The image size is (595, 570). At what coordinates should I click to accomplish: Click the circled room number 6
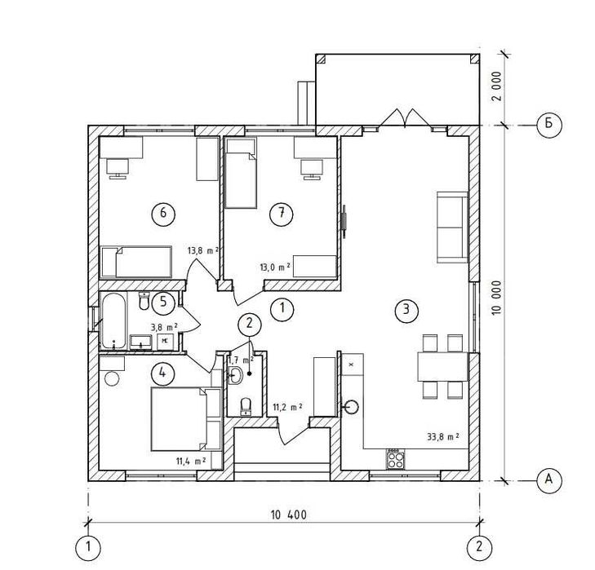click(x=163, y=214)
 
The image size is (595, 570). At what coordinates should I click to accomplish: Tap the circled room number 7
click(x=282, y=214)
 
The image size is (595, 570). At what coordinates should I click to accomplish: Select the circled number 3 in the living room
click(x=406, y=310)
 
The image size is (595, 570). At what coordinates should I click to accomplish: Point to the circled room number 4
click(x=162, y=373)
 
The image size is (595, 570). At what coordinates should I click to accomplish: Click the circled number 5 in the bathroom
click(x=163, y=303)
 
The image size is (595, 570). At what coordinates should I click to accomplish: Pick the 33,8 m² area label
click(x=443, y=436)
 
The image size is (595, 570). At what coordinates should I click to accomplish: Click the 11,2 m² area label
click(x=287, y=407)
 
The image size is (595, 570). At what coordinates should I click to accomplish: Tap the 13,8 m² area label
click(x=203, y=250)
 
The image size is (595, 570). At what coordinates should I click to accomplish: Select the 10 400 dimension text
click(x=288, y=515)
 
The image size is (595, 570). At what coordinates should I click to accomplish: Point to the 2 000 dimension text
click(x=496, y=86)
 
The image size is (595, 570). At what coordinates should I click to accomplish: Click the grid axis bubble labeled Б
click(x=548, y=124)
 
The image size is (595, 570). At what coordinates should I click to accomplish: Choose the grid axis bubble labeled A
click(x=548, y=480)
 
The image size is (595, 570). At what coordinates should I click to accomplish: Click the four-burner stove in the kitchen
click(x=396, y=460)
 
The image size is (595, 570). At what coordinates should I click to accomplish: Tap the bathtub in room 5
click(x=113, y=320)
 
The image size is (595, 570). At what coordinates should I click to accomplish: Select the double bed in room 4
click(x=179, y=419)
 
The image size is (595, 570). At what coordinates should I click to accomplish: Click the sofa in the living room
click(x=452, y=228)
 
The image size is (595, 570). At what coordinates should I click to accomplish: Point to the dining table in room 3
click(x=443, y=366)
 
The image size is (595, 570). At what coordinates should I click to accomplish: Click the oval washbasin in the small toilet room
click(x=237, y=375)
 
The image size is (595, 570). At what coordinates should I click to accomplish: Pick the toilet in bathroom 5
click(x=144, y=301)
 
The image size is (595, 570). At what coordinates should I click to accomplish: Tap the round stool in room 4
click(x=112, y=378)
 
